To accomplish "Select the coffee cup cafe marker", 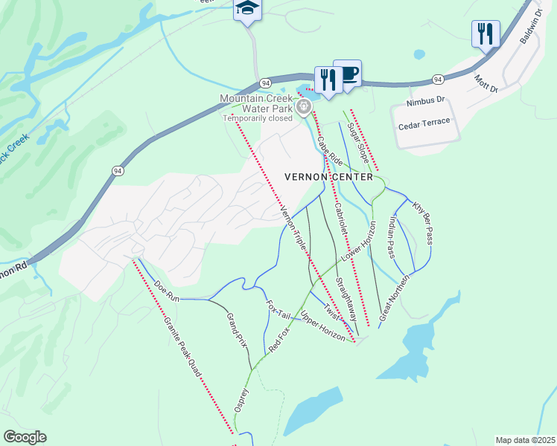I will [347, 75].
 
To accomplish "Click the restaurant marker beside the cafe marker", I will [328, 79].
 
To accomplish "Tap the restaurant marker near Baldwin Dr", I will [486, 33].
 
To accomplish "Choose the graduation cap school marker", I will [246, 9].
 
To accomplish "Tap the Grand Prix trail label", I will [236, 329].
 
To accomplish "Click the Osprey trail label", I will [240, 399].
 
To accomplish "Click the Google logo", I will [25, 437].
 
